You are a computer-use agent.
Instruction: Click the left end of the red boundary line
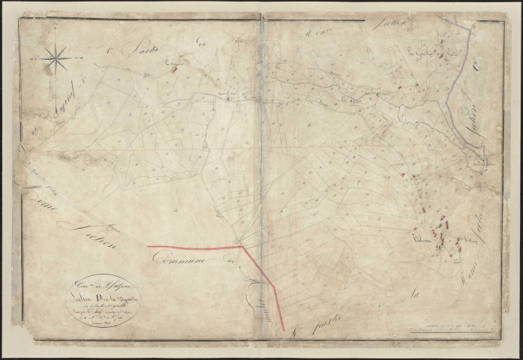point(148,246)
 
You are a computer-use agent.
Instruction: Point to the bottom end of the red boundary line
point(284,329)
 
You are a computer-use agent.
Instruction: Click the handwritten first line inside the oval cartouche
point(95,286)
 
